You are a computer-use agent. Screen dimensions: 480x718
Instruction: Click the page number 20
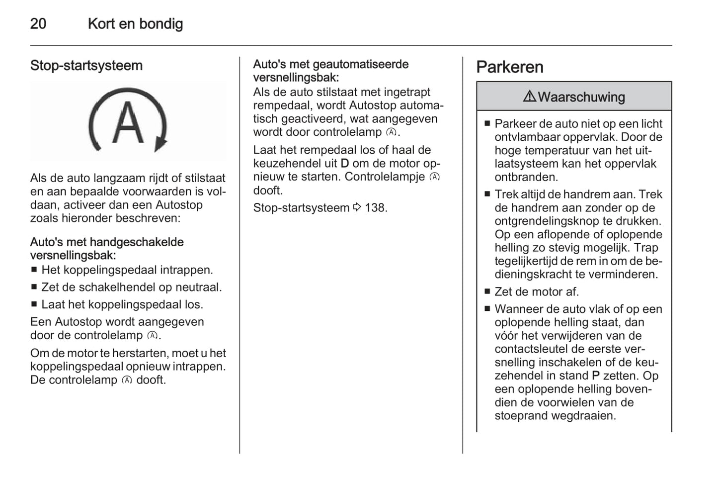coord(38,23)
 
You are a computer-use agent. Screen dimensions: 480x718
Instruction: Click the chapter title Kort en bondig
coord(135,23)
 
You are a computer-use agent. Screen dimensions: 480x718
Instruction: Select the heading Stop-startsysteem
coord(86,66)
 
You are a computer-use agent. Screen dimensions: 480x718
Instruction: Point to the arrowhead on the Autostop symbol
coord(160,145)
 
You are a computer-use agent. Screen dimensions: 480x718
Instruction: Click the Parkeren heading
coord(509,67)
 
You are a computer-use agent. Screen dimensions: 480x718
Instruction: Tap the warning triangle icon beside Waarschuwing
coord(529,96)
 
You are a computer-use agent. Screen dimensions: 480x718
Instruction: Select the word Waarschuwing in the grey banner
coord(581,97)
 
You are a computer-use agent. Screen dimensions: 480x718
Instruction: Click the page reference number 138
coord(375,208)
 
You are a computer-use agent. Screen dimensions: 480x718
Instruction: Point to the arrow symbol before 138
coord(357,207)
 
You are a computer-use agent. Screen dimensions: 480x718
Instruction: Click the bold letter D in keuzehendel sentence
coord(345,164)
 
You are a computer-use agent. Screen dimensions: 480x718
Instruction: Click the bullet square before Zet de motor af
coord(487,292)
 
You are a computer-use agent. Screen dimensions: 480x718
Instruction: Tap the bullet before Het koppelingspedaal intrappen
coord(34,271)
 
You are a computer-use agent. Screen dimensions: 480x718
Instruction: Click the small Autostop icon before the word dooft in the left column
coord(127,381)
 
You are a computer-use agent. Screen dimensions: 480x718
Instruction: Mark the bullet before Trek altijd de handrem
coord(487,194)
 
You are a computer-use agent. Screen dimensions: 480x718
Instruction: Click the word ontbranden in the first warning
coord(526,177)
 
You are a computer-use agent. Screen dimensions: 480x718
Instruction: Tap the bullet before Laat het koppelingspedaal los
coord(34,304)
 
